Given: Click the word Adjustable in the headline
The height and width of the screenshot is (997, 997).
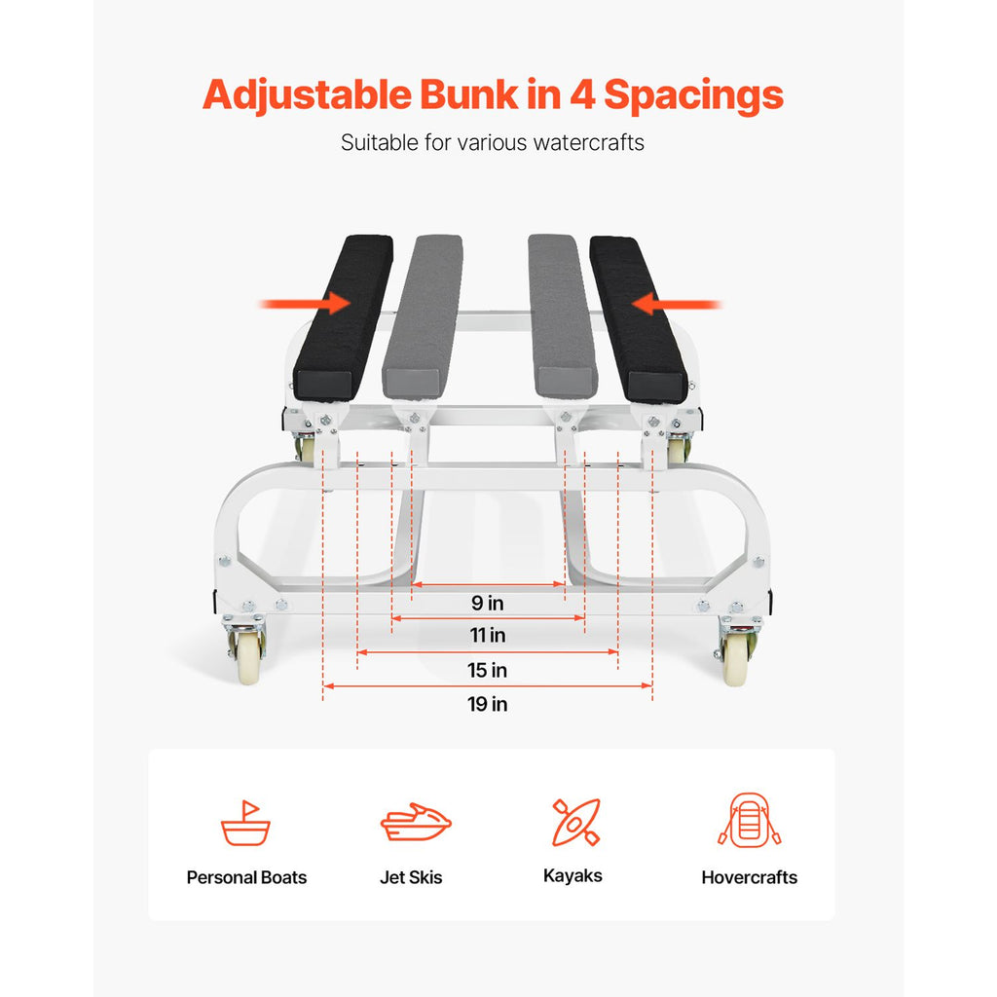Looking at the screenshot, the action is pos(307,95).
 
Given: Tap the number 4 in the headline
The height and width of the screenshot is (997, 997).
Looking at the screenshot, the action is pos(582,94).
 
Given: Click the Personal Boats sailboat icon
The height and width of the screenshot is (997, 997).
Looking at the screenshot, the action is pos(245,823).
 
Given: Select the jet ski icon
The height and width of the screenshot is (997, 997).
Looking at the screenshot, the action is pos(416,822).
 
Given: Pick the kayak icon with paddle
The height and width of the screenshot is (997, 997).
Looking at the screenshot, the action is pos(576,822).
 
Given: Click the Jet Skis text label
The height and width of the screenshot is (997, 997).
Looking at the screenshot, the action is pos(411,877).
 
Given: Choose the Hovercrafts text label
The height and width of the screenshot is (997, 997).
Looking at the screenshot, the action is pos(750,877).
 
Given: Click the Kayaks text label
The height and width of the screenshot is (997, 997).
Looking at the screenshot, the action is pos(572,876).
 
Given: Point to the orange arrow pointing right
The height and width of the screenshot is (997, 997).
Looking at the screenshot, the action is pos(305,304).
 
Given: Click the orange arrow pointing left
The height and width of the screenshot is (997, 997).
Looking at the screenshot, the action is pos(677,304).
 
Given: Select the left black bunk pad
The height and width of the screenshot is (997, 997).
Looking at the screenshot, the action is pos(343,318).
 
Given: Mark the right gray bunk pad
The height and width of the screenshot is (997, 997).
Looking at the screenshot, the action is pos(562,316).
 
